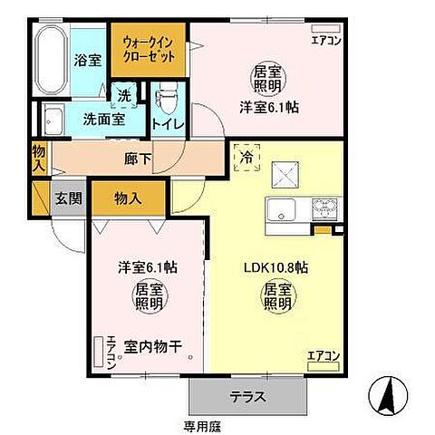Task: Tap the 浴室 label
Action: [x=87, y=60]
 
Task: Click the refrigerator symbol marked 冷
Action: [x=245, y=156]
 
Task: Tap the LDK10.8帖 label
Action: [x=278, y=268]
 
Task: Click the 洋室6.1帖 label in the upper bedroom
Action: [x=269, y=106]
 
